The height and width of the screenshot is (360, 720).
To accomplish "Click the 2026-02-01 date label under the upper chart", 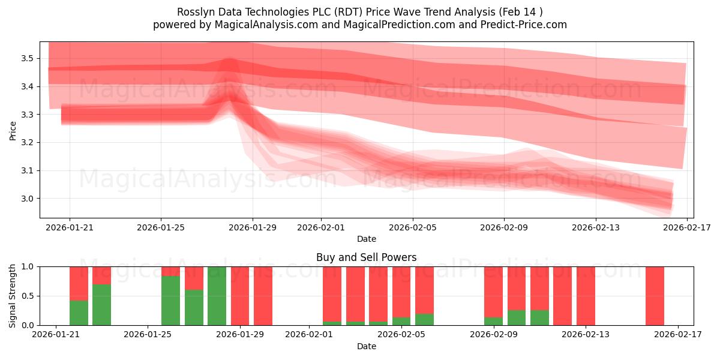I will (320, 227).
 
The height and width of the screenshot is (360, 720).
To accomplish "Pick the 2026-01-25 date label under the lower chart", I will (148, 335).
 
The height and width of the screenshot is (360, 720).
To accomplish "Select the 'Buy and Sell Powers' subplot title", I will (366, 257).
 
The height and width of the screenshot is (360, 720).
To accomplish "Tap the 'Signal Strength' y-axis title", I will (13, 296).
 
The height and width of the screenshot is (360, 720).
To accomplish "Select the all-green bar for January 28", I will (217, 296).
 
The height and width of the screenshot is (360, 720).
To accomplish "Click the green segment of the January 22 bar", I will (79, 313).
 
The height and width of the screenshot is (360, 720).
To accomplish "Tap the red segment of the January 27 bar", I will (194, 278).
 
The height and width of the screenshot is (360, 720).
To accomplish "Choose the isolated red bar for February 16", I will (655, 296).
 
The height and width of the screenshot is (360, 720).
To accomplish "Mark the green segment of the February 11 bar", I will (539, 317).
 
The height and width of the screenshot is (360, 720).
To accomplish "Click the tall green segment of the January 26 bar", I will (171, 301).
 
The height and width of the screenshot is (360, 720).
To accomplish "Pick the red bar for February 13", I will (586, 296).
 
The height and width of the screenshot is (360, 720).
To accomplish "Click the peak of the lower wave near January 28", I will (228, 96).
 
